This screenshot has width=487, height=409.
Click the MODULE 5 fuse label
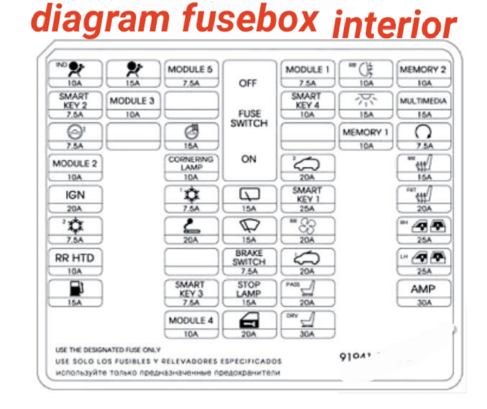(190, 69)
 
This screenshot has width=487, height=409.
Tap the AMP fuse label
(423, 289)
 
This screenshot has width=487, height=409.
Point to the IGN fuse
(75, 195)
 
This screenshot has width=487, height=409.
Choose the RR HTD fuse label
(75, 258)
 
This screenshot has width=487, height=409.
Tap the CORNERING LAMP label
(190, 163)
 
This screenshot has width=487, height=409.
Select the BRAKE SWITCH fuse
(249, 258)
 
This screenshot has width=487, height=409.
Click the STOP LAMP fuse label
(249, 289)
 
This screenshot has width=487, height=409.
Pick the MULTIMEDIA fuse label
(423, 101)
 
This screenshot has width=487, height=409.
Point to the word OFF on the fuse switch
(248, 83)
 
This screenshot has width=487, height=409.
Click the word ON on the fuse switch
(249, 159)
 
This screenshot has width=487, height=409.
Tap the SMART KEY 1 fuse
(307, 195)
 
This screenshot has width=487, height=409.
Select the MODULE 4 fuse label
(191, 321)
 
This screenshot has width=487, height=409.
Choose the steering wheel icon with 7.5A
(423, 132)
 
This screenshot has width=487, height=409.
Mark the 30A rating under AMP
(423, 303)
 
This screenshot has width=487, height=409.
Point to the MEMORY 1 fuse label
(366, 132)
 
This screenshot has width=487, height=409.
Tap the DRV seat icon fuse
(307, 321)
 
